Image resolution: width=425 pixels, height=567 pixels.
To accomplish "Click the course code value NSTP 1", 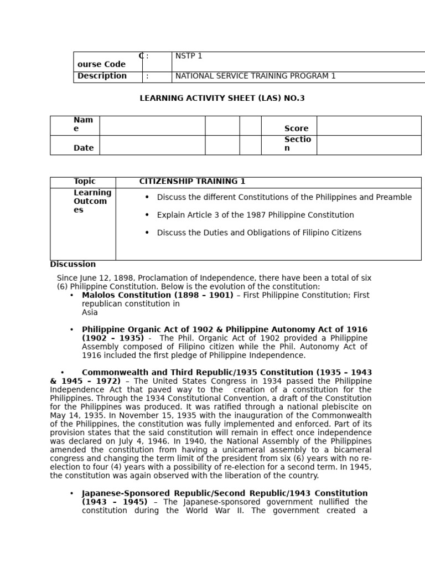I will point(189,56).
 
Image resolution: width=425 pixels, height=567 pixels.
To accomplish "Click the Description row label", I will point(102,76).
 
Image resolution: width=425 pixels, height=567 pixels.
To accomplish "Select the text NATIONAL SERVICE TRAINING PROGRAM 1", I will point(255,76).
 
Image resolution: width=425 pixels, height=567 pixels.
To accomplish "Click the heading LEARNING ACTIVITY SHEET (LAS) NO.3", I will point(222,99).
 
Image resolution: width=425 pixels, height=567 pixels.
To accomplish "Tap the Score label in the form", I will point(296,128).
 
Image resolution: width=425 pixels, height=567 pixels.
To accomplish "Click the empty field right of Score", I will point(369,126).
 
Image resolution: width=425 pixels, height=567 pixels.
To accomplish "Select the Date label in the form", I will point(84,148).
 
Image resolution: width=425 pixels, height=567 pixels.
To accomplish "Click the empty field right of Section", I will point(369,145).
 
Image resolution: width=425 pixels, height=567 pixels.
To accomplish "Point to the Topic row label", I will point(85,182).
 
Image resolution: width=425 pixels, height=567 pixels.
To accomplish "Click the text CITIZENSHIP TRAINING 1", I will point(192,182).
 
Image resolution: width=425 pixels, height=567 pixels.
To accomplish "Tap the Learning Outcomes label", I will point(92,202).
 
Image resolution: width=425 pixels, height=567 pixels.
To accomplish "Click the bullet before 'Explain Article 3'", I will point(147,215).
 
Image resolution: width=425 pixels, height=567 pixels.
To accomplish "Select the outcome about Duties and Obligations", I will point(259,233).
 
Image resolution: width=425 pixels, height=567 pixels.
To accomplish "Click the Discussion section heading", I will point(72,265).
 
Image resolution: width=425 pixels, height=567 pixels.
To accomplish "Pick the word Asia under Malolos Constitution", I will point(90,313).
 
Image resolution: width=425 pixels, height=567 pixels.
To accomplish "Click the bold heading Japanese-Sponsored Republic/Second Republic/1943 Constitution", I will point(225,493).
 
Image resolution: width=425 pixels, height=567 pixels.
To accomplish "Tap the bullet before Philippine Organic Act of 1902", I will point(71,330).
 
